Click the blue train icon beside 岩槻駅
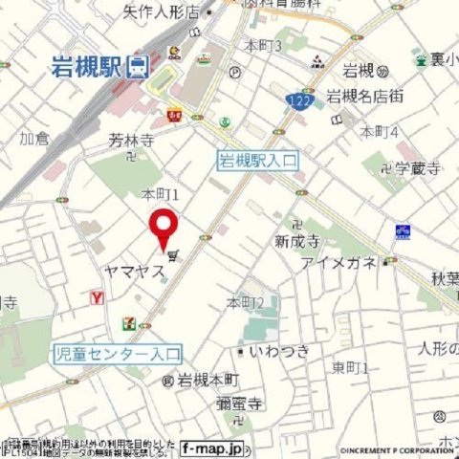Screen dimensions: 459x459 139,66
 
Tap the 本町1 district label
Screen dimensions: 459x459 161,193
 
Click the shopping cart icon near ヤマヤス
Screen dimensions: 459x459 172,255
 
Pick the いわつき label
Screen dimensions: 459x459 279,352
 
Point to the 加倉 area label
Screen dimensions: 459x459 34,139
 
